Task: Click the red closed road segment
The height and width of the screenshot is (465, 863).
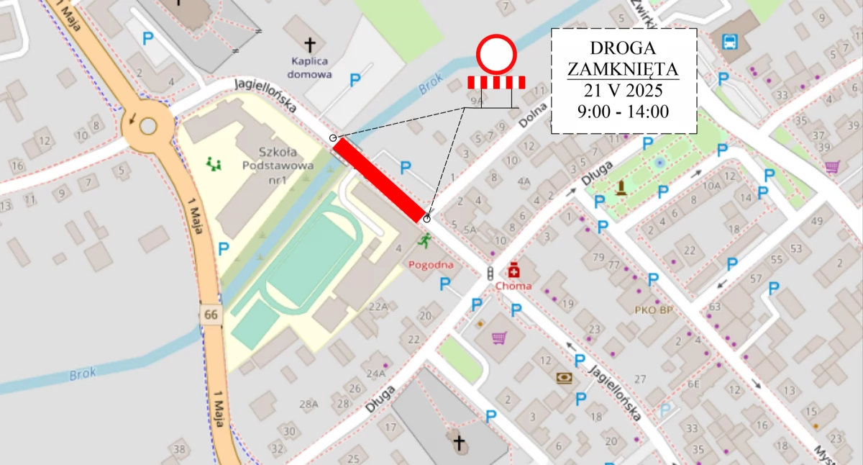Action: (x=379, y=180)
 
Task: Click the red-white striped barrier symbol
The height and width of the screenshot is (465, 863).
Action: (x=496, y=82)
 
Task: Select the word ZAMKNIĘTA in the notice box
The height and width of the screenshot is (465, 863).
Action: (x=623, y=70)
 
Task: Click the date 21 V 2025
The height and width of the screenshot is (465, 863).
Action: (x=623, y=91)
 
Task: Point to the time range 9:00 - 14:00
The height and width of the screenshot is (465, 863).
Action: (x=623, y=112)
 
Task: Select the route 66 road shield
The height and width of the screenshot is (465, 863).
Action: (x=210, y=315)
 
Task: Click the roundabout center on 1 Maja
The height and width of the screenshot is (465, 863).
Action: (x=147, y=126)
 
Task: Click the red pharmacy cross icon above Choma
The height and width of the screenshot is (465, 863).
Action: (x=513, y=271)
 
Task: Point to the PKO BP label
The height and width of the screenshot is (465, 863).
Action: (x=654, y=310)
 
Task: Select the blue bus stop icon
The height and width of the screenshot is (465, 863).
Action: (x=729, y=41)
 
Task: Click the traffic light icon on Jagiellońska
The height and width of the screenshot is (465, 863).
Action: (x=490, y=274)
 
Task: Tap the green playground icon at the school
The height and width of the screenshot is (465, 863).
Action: (x=214, y=165)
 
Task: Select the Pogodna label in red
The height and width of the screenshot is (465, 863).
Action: (x=431, y=265)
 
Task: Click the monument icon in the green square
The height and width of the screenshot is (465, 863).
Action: (x=621, y=189)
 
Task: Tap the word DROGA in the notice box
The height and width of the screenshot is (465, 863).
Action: (x=623, y=48)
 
